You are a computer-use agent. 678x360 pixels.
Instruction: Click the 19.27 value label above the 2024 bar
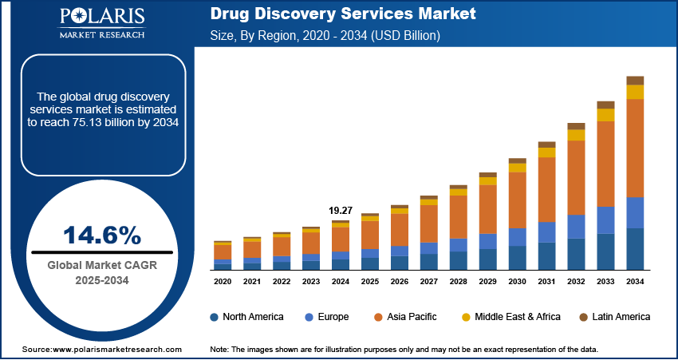341,211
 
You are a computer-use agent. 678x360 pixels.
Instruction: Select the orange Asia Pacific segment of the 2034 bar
635,148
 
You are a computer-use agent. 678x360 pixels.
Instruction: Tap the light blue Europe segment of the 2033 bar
605,220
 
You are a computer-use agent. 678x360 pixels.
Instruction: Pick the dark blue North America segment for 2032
576,254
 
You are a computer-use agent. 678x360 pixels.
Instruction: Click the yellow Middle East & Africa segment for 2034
635,92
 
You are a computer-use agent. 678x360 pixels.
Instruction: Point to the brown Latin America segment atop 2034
635,80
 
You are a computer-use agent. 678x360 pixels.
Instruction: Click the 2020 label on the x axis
223,282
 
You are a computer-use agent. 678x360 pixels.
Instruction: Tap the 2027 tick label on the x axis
428,282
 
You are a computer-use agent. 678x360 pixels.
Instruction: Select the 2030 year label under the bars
517,282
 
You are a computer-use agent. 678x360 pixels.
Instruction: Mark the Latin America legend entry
609,317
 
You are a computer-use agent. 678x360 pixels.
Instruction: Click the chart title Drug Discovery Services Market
343,14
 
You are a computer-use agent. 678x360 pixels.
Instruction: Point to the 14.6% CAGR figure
101,235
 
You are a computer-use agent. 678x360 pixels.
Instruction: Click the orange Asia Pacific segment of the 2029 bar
487,209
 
